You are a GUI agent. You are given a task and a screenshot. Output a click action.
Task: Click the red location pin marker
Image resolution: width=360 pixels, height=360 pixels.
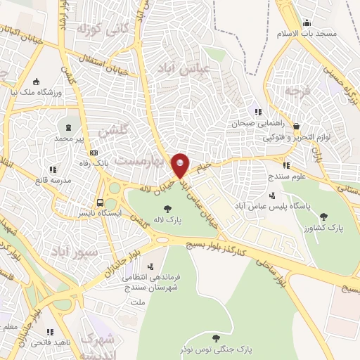click(181, 165)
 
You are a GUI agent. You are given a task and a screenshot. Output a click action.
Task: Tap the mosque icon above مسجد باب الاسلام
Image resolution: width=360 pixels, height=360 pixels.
click(307, 22)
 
